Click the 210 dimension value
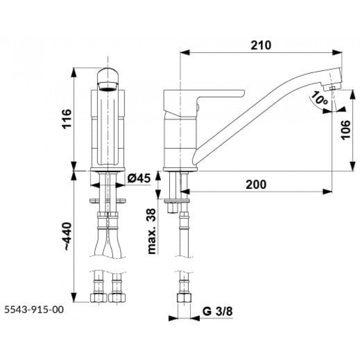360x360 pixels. pos(261,45)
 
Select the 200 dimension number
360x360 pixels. pos(256,184)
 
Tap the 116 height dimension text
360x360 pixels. pos(67,119)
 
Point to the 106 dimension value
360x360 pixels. pos(346,130)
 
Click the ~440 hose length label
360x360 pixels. pos(68,237)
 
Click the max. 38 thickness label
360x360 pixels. pos(152,231)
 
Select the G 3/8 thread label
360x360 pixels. pos(217,311)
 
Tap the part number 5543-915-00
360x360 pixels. pos(34,310)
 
